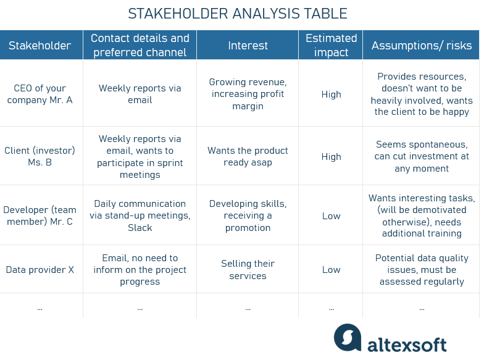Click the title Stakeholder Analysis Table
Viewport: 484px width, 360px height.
(x=237, y=14)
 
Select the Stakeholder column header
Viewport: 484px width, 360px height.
(x=40, y=45)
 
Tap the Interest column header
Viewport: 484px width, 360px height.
(x=248, y=45)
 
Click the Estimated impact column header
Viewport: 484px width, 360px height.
(x=331, y=45)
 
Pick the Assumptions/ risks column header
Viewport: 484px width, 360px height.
(x=421, y=45)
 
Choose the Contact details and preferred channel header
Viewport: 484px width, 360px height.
(x=140, y=45)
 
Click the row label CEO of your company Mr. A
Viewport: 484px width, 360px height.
(x=40, y=94)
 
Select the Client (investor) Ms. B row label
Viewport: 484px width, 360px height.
(x=40, y=156)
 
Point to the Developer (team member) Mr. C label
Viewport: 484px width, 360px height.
(x=40, y=216)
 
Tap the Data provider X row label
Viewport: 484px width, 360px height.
(x=40, y=269)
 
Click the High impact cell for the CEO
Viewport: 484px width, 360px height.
(x=331, y=94)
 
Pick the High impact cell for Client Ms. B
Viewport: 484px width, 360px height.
(x=331, y=157)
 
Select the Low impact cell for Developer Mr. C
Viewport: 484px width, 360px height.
(x=331, y=216)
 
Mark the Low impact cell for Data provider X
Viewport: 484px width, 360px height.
(x=331, y=269)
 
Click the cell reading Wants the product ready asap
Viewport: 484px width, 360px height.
(x=248, y=156)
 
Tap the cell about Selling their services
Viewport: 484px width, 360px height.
(x=248, y=269)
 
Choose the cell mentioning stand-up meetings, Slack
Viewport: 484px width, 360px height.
(x=140, y=216)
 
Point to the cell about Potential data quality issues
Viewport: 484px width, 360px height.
(x=422, y=269)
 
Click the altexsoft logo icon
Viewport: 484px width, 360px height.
(x=348, y=337)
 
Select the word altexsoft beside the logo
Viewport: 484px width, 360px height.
(x=407, y=343)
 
